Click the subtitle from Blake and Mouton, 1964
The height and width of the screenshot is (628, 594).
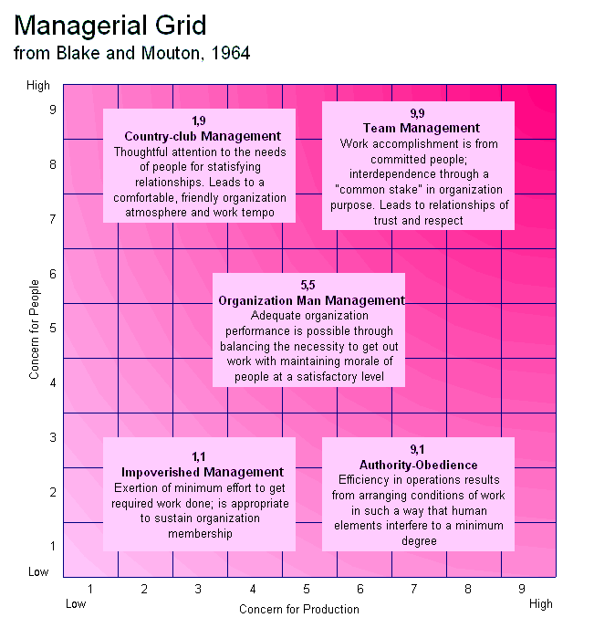point(132,53)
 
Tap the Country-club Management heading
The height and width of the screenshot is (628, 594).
point(203,136)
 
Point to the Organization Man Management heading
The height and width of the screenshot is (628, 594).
point(311,299)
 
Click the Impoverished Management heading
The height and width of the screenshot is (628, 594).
point(203,472)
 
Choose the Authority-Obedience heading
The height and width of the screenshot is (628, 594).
point(418,465)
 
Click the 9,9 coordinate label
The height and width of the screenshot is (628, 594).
point(417,113)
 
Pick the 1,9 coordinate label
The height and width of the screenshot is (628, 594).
point(199,121)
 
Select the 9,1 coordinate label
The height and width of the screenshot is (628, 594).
point(417,450)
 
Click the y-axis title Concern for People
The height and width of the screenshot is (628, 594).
point(35,330)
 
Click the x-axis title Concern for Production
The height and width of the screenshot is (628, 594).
point(299,609)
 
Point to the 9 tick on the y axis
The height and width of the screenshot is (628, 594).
point(53,110)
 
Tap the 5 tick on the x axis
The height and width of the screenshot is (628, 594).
point(306,590)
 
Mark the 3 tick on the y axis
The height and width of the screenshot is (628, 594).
point(53,437)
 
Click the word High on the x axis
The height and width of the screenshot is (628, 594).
point(540,603)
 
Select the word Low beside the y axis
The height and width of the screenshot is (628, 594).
point(38,572)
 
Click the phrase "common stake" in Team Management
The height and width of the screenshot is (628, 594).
point(370,190)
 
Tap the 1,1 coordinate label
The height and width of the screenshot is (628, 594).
point(199,456)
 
